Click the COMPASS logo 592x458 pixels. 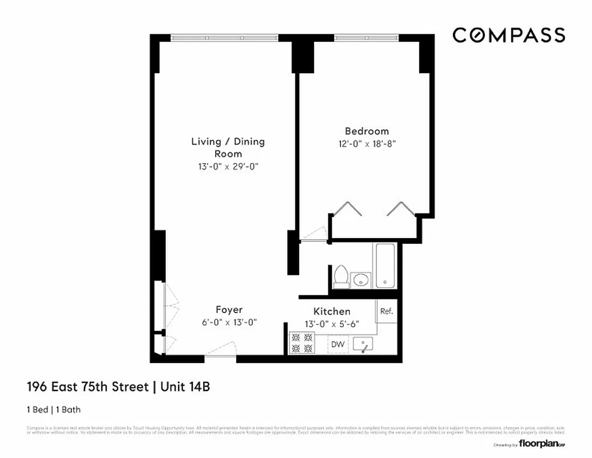pos(508,35)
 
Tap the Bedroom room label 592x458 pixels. pos(366,131)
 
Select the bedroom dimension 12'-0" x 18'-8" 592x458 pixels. pos(366,144)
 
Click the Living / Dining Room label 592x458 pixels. pos(228,147)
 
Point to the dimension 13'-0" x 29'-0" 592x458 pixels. pos(228,167)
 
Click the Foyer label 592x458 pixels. pos(229,310)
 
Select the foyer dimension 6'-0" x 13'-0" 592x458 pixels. pos(229,322)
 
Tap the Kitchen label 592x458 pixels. pos(332,311)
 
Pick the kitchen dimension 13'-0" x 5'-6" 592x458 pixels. pos(332,323)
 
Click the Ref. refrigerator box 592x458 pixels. pos(387,312)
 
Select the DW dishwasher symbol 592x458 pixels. pos(337,345)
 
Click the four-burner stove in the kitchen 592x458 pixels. pos(301,343)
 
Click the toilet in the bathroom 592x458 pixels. pos(341,275)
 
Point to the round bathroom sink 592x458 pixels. pos(360,280)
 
